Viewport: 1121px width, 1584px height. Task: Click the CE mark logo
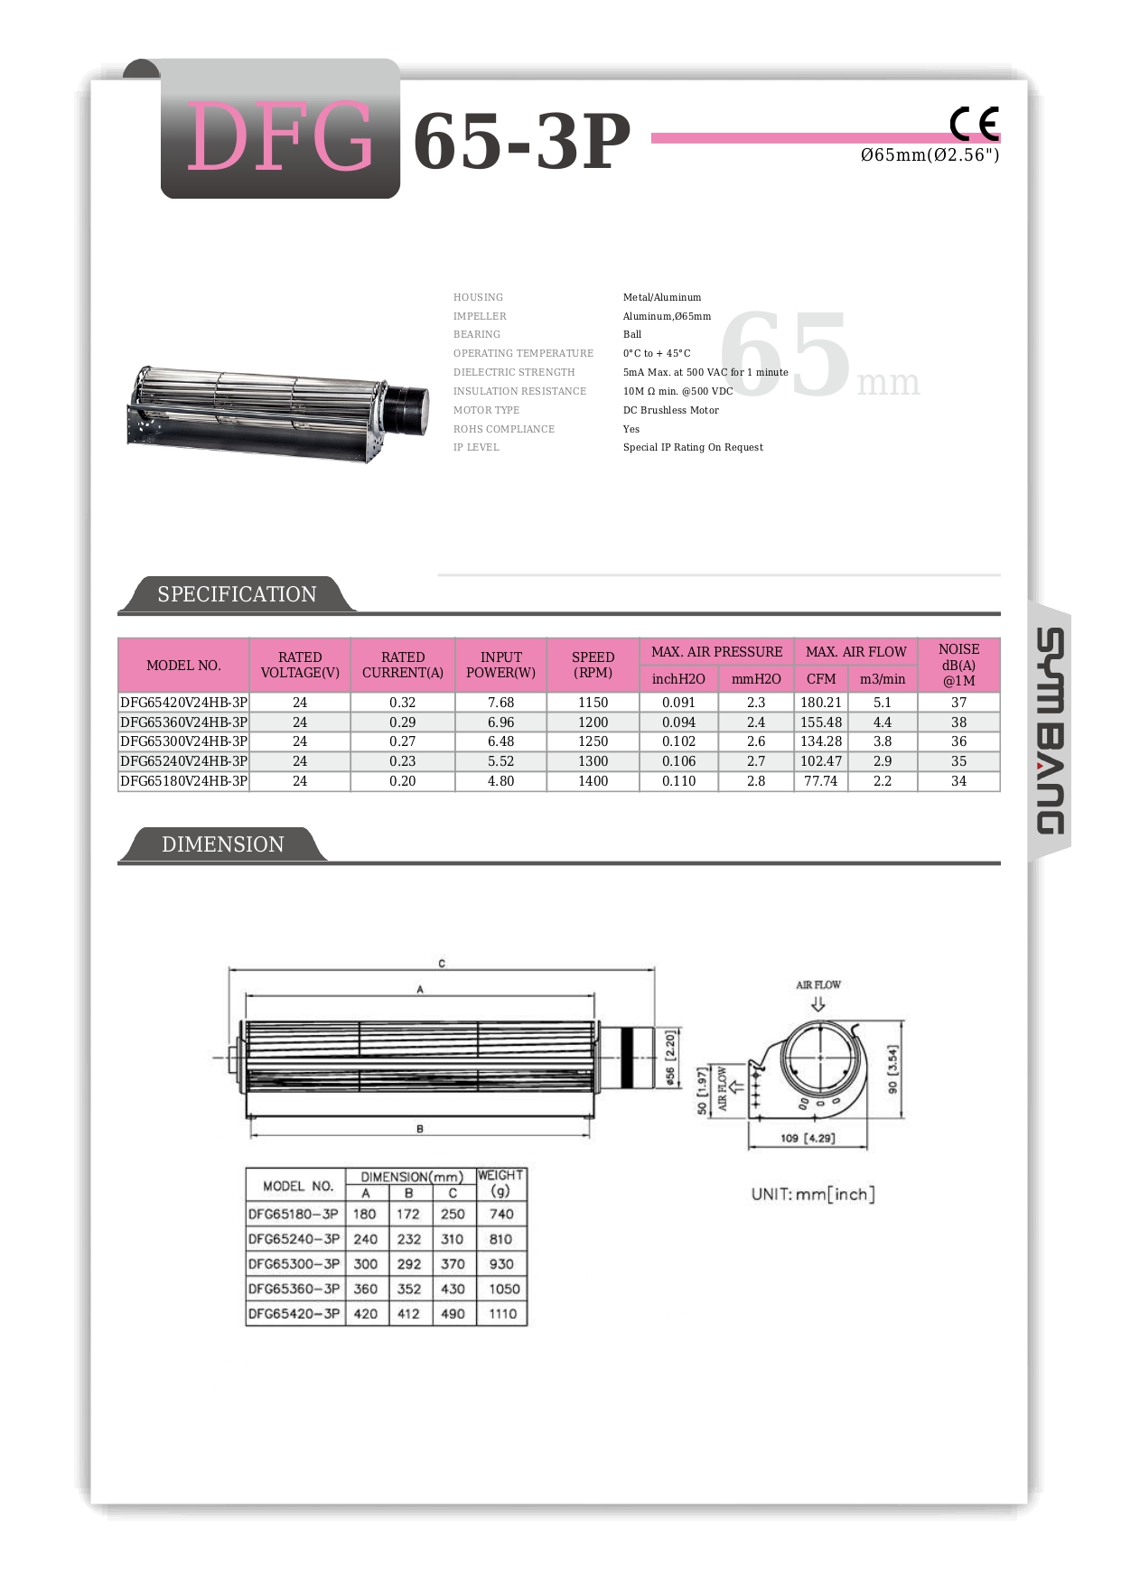(x=974, y=124)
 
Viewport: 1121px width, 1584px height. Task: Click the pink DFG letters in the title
(x=280, y=137)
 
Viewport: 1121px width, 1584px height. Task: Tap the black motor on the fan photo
(x=406, y=411)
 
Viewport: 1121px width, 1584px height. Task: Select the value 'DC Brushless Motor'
(x=670, y=410)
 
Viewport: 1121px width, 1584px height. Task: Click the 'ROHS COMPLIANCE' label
(x=503, y=429)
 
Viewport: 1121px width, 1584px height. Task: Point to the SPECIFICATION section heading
(x=237, y=594)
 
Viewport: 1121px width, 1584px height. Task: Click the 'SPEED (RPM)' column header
(x=593, y=665)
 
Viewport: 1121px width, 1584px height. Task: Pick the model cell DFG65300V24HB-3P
(x=183, y=741)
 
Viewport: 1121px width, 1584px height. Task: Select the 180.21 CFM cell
(x=820, y=703)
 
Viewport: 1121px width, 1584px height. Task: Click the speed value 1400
(x=593, y=781)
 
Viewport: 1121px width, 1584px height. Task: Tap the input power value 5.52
(x=500, y=761)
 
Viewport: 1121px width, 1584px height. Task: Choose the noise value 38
(x=958, y=722)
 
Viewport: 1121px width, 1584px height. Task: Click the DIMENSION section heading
(x=222, y=844)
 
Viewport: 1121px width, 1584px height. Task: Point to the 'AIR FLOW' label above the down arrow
(x=817, y=984)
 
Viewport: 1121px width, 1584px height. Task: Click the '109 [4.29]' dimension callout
(x=807, y=1138)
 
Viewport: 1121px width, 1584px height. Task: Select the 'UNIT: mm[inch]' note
(x=812, y=1194)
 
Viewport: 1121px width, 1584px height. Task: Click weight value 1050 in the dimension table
(x=503, y=1289)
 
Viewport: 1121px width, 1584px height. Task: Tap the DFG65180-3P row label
(x=294, y=1215)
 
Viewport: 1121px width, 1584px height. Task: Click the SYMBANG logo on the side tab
(x=1050, y=731)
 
